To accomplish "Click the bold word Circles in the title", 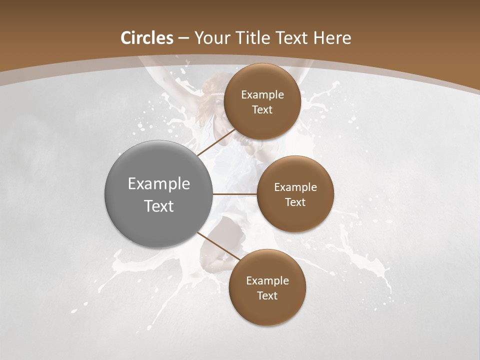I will [147, 38].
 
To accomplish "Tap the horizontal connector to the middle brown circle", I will [234, 194].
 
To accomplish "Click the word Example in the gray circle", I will [159, 184].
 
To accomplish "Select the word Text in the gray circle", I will [159, 206].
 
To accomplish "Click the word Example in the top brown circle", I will [262, 94].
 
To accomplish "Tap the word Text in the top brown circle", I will [262, 109].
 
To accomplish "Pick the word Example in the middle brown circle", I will [295, 187].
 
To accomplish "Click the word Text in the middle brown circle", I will [295, 202].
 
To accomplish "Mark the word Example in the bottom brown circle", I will [267, 280].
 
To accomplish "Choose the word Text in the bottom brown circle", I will [267, 295].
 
